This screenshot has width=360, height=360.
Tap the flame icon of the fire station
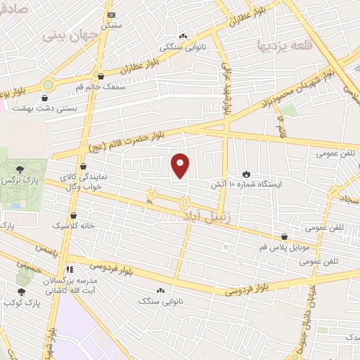click(x=246, y=173)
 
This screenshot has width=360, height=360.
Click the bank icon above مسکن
click(x=110, y=14)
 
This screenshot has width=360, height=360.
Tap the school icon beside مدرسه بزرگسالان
click(x=69, y=269)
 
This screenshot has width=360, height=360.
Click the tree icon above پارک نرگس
click(x=20, y=169)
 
